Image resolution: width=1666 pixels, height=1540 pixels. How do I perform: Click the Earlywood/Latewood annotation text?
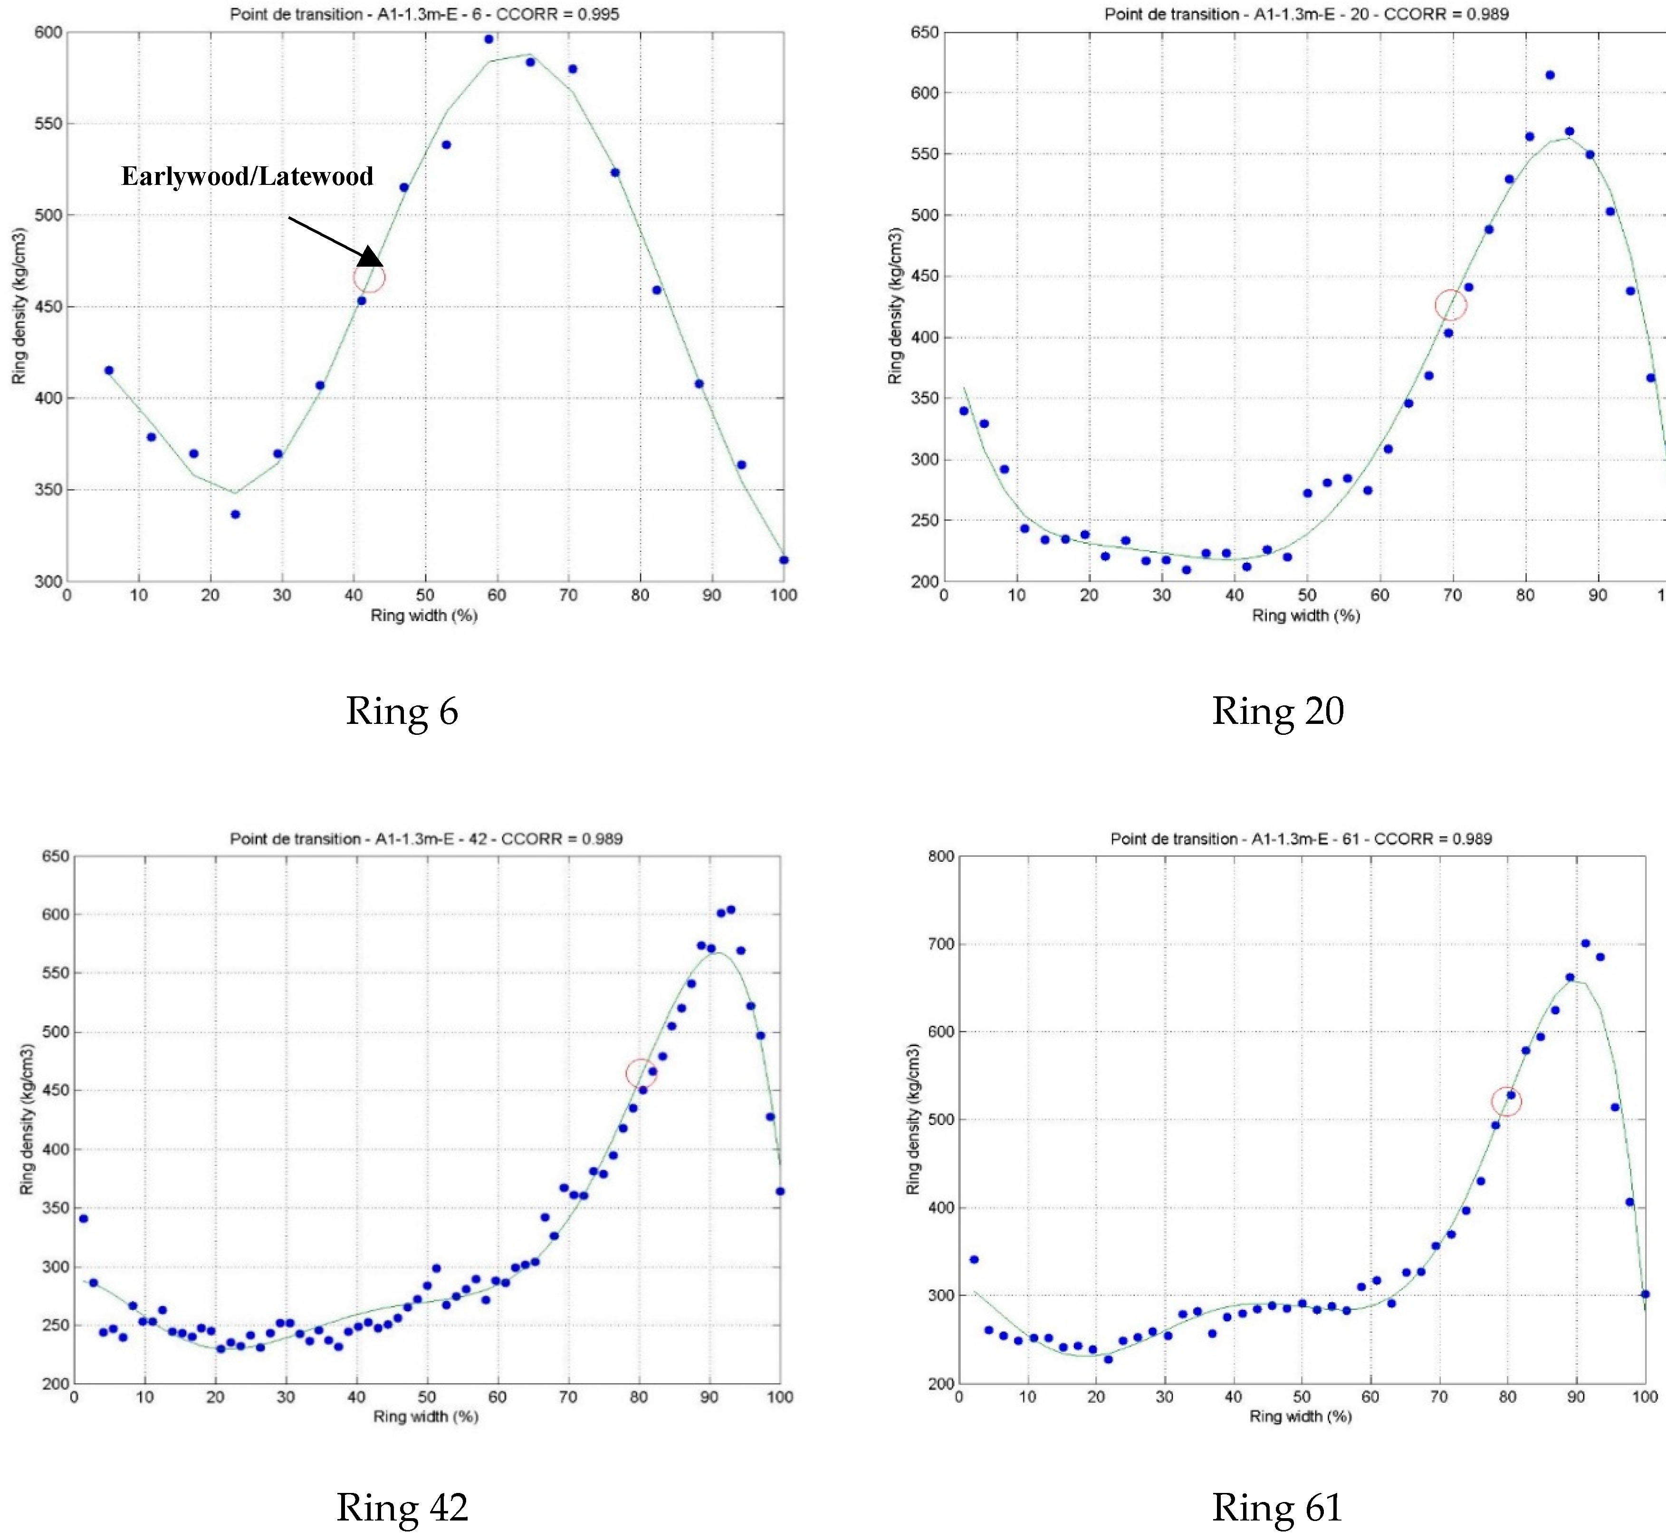(x=248, y=176)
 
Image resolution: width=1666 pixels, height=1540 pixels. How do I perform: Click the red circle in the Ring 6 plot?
(x=369, y=278)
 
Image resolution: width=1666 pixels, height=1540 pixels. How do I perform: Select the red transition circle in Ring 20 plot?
(x=1451, y=305)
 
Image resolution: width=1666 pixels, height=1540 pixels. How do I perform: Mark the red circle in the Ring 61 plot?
(x=1506, y=1102)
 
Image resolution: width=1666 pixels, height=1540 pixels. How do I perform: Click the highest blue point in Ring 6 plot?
(x=489, y=39)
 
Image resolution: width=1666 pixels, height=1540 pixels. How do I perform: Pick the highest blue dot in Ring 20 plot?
(x=1550, y=75)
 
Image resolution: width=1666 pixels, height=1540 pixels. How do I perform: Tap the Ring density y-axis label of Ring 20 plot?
(x=895, y=306)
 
